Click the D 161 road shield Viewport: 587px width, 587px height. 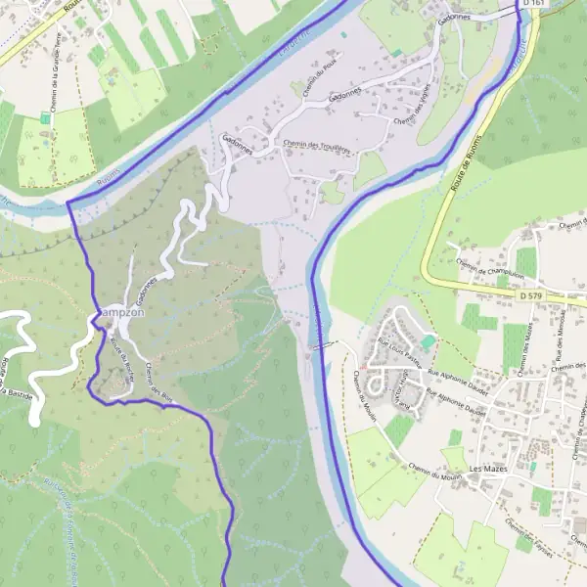533,4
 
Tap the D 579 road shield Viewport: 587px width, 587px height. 530,294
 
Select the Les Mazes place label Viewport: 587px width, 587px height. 489,470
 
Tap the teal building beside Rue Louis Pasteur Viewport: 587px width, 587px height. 429,340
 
